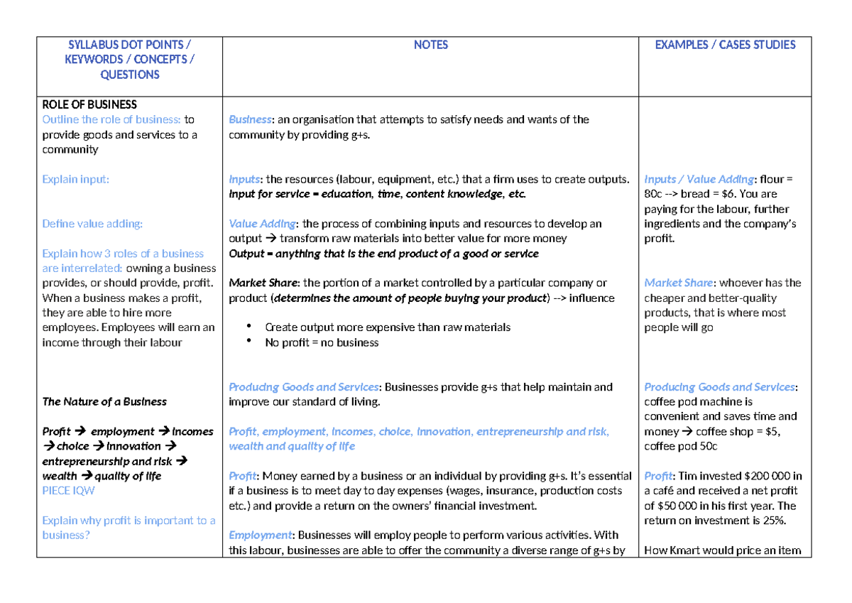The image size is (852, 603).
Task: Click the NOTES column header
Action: click(430, 45)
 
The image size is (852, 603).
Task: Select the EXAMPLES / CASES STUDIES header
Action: click(724, 45)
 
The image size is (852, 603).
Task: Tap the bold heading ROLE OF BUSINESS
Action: click(89, 104)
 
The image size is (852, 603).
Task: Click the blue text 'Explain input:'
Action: click(75, 179)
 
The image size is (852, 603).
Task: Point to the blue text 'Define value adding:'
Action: click(92, 224)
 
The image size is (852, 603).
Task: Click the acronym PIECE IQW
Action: click(68, 491)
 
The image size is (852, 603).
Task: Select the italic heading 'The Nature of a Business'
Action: click(104, 402)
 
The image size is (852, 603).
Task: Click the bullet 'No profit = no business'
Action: click(322, 342)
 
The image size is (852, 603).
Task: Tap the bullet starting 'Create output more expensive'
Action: click(388, 327)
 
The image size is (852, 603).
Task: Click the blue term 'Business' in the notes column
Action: click(250, 119)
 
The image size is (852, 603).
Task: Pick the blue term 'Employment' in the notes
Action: click(260, 535)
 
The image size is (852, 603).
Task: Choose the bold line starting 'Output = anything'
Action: click(383, 254)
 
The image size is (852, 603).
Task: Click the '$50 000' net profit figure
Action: click(682, 506)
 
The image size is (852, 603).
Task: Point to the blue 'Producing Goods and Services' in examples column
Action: click(719, 387)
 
